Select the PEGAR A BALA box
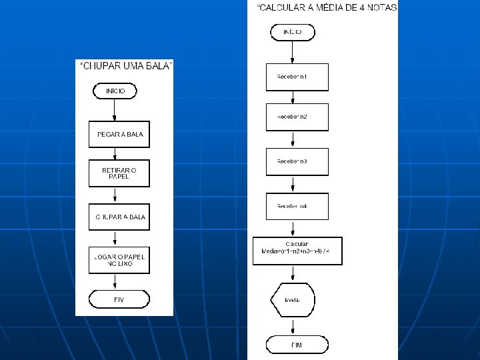(119, 134)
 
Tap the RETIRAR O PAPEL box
(119, 173)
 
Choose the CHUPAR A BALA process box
(119, 217)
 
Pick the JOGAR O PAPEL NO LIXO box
(119, 261)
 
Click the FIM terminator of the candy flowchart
(119, 299)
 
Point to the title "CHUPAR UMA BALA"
(126, 65)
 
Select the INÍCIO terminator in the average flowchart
(292, 32)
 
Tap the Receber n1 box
(297, 77)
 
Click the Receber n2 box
(297, 117)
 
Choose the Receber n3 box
(297, 161)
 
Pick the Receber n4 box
(297, 206)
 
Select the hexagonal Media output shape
(293, 300)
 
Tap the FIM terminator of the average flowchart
(297, 345)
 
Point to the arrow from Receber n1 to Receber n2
(293, 97)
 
